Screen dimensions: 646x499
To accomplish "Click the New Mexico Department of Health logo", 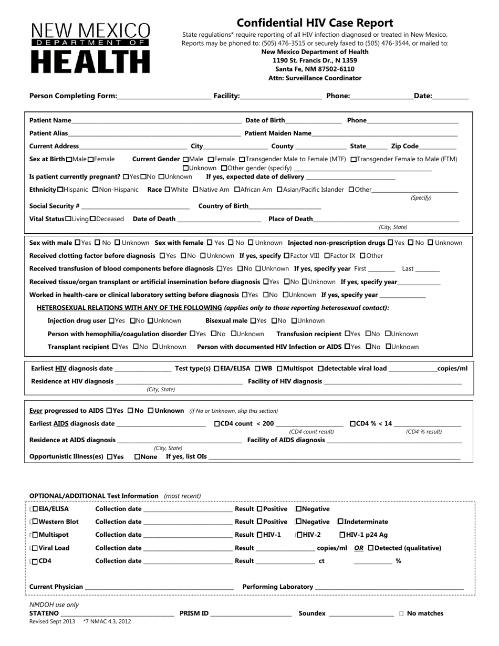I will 91,48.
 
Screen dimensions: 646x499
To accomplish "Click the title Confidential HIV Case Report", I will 315,23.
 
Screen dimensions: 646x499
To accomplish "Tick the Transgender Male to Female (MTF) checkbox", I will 242,159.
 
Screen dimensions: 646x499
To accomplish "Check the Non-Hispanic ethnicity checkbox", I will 95,190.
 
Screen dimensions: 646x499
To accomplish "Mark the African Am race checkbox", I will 237,190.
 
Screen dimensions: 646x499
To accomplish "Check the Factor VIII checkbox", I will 286,256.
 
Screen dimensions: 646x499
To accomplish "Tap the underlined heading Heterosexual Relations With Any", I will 129,308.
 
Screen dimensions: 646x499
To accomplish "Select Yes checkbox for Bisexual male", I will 253,321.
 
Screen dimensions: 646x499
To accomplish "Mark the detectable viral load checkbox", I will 321,369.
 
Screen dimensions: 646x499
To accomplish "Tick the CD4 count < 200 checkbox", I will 217,424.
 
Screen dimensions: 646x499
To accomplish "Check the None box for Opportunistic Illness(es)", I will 138,457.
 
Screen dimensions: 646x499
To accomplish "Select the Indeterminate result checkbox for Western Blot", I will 340,522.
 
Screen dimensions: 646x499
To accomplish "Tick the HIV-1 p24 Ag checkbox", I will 342,535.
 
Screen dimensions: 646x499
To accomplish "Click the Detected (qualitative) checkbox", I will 371,548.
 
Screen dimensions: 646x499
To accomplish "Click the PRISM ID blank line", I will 251,614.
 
